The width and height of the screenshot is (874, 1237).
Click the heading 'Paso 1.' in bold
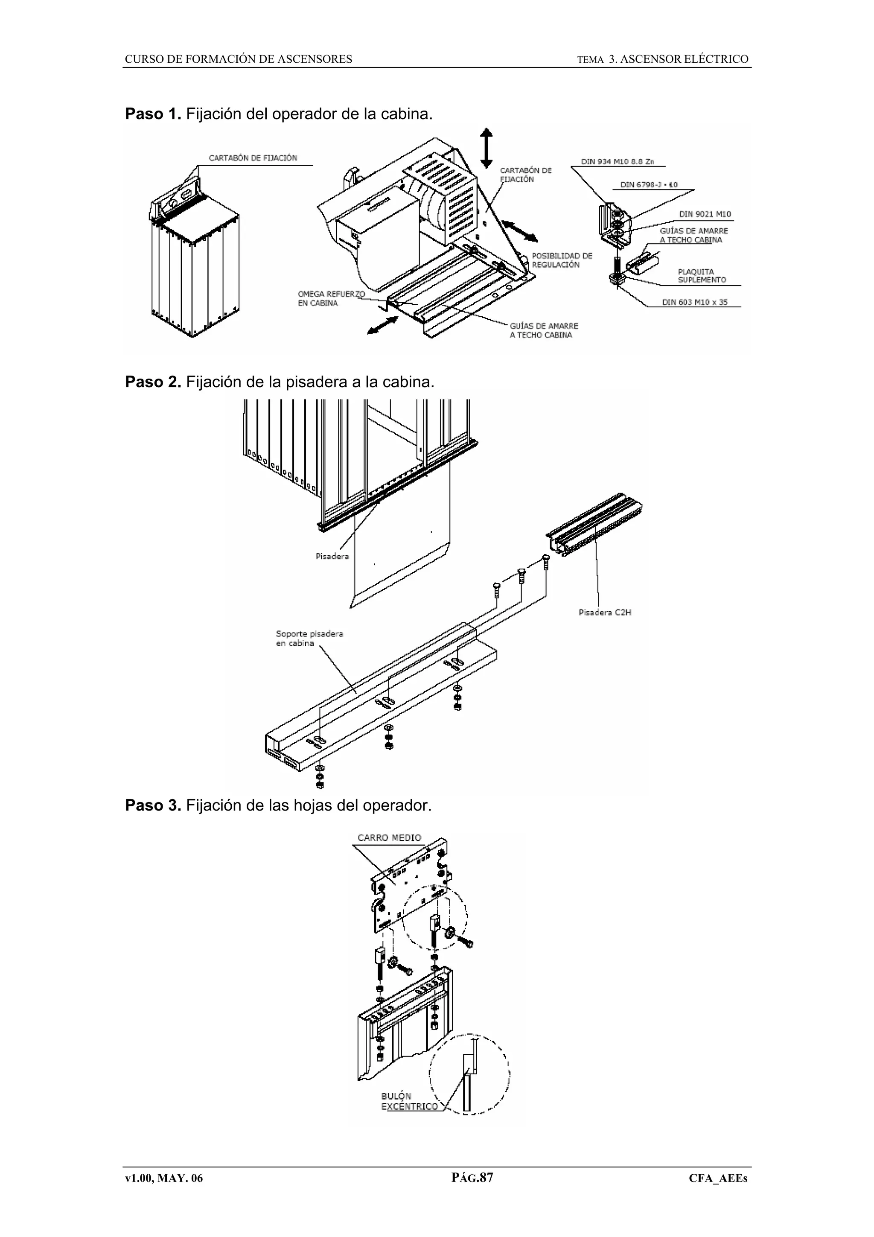(153, 114)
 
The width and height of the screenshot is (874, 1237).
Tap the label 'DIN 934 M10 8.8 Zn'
(617, 162)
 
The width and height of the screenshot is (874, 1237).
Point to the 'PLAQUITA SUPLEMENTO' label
(701, 276)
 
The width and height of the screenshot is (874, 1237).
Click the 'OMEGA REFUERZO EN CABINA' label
(331, 298)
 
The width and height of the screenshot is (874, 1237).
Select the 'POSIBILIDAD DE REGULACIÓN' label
(562, 260)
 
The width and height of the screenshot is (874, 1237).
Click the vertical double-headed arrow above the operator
(486, 148)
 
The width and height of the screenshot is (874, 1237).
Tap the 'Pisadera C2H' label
(604, 613)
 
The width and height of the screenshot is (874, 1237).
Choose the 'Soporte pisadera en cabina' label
(309, 639)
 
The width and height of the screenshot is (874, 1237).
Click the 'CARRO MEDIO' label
(389, 838)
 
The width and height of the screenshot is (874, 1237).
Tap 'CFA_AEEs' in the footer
(718, 1178)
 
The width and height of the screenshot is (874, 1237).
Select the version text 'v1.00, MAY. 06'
(164, 1178)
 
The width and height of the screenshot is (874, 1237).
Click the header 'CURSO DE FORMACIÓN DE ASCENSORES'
(239, 59)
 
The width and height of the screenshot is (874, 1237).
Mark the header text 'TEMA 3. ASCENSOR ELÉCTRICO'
(662, 59)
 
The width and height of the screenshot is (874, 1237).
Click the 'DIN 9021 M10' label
(705, 214)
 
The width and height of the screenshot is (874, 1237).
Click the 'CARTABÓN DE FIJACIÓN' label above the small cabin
(253, 158)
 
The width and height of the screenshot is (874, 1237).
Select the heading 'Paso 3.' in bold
(153, 805)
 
